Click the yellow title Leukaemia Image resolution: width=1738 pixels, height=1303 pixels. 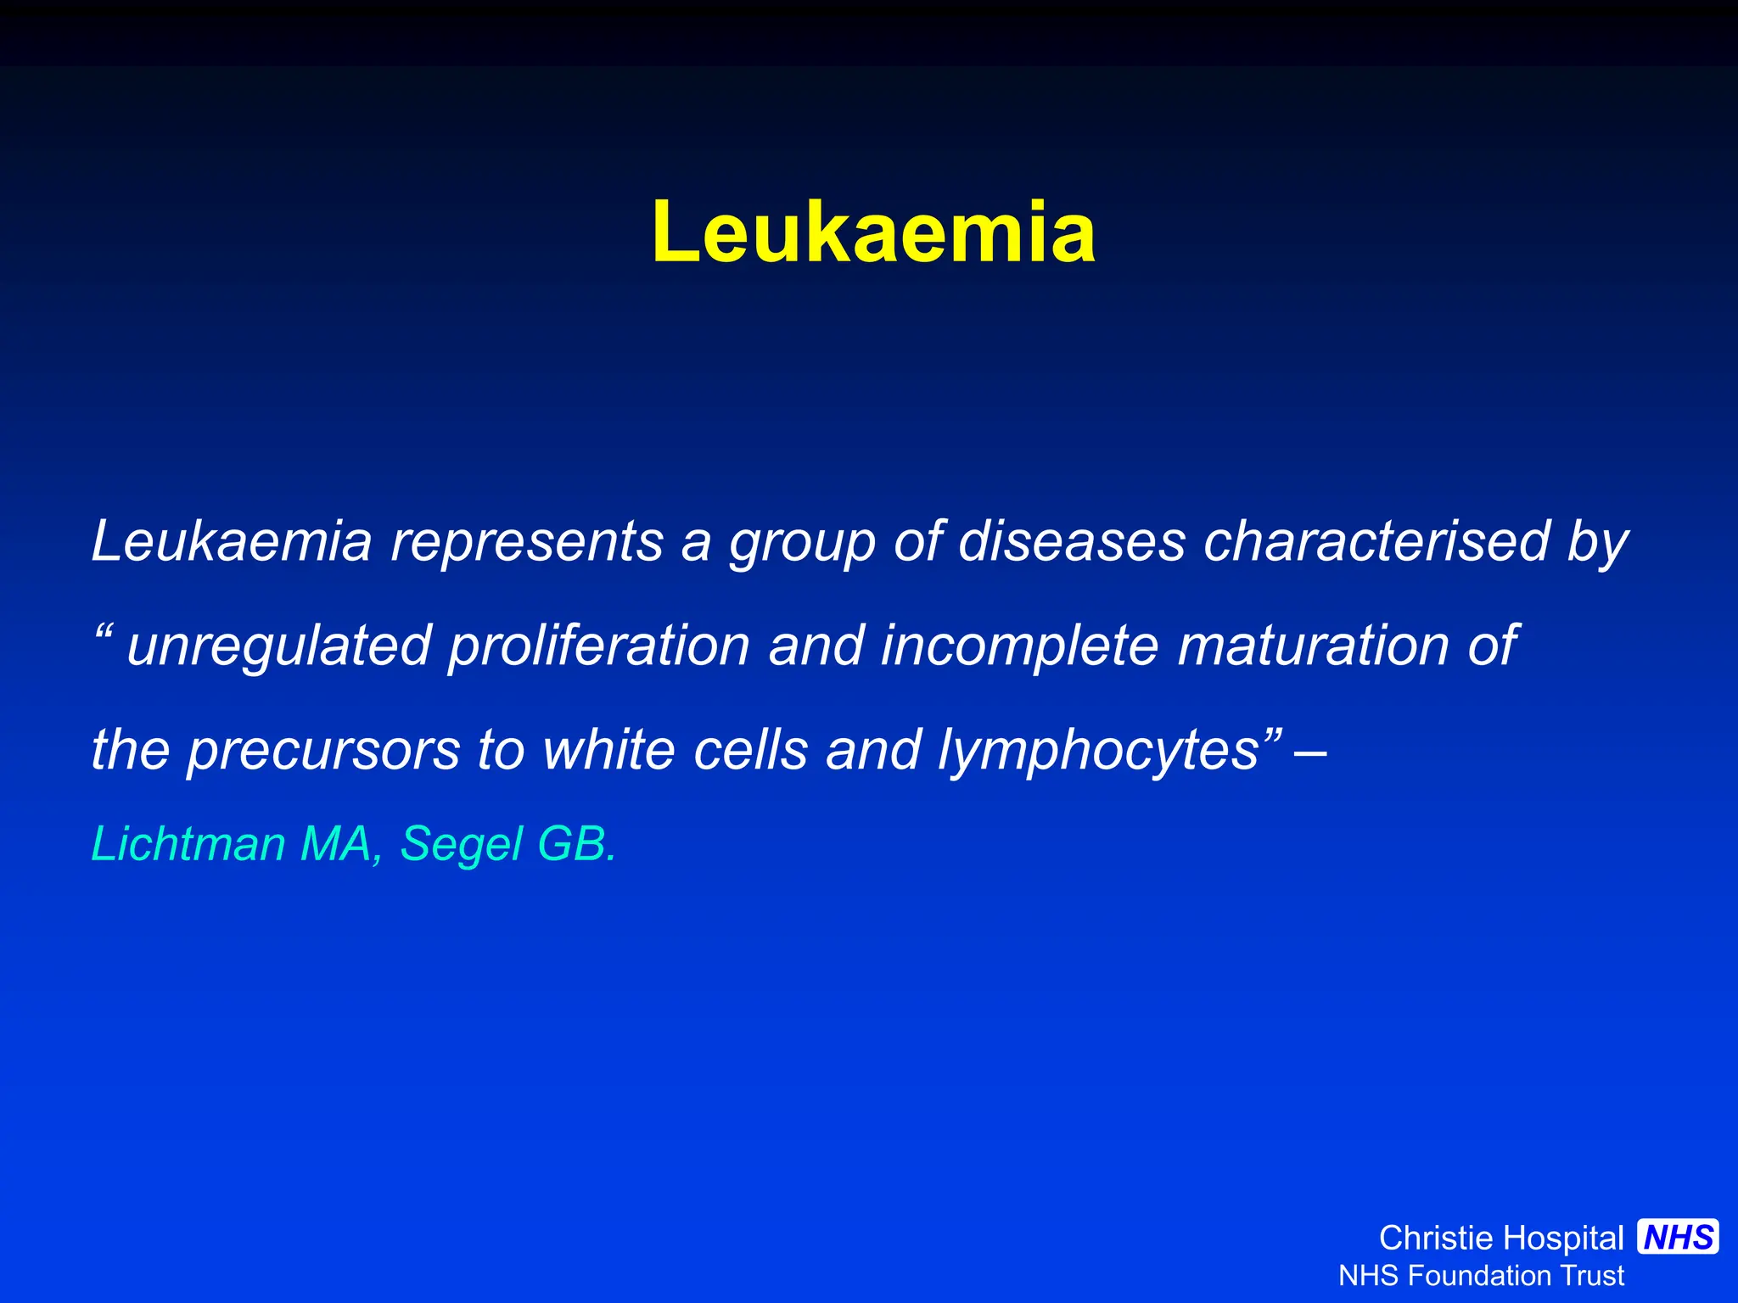[873, 232]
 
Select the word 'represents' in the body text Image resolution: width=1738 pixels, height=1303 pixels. [526, 541]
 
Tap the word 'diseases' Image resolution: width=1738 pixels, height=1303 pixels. [1071, 541]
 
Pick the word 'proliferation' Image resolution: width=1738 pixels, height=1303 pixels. [598, 646]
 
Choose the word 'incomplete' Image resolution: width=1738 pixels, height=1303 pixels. [1019, 646]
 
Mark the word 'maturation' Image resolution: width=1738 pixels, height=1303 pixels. [1313, 646]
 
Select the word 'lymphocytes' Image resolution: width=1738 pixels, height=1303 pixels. [1098, 751]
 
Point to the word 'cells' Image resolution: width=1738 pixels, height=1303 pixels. [750, 749]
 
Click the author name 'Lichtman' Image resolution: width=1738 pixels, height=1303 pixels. [188, 844]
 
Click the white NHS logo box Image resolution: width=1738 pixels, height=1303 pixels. [1679, 1237]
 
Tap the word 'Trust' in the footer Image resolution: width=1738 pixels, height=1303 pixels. [1595, 1276]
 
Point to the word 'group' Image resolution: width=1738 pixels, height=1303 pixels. [802, 543]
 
